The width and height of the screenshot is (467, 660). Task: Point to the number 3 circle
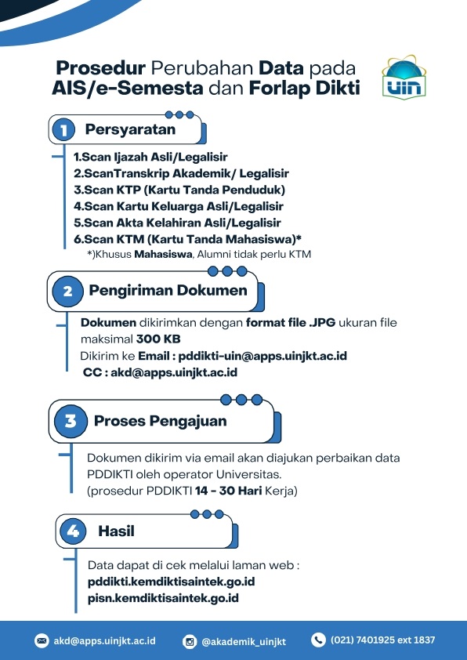click(71, 422)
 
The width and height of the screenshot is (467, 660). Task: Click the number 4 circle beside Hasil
click(74, 531)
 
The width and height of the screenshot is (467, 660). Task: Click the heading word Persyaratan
click(130, 129)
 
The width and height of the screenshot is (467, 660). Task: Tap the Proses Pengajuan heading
click(160, 421)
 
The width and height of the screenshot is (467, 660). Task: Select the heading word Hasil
click(116, 531)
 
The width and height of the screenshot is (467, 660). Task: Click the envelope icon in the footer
click(42, 640)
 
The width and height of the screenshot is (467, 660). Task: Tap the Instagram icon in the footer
click(189, 641)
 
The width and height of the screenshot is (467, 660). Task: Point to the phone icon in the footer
click(318, 640)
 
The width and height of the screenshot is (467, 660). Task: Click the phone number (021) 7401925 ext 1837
click(382, 640)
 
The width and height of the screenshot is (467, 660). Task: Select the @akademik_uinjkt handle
click(243, 641)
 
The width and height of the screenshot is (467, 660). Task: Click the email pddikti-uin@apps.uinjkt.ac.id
click(262, 356)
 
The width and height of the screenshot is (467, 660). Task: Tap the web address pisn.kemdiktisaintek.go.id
click(163, 597)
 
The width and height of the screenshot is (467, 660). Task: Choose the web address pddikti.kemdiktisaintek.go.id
click(171, 582)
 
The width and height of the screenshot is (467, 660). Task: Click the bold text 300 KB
click(158, 339)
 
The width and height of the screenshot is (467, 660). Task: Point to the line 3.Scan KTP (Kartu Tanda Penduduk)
click(179, 190)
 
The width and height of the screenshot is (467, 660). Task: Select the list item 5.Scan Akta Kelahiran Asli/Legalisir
click(177, 222)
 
